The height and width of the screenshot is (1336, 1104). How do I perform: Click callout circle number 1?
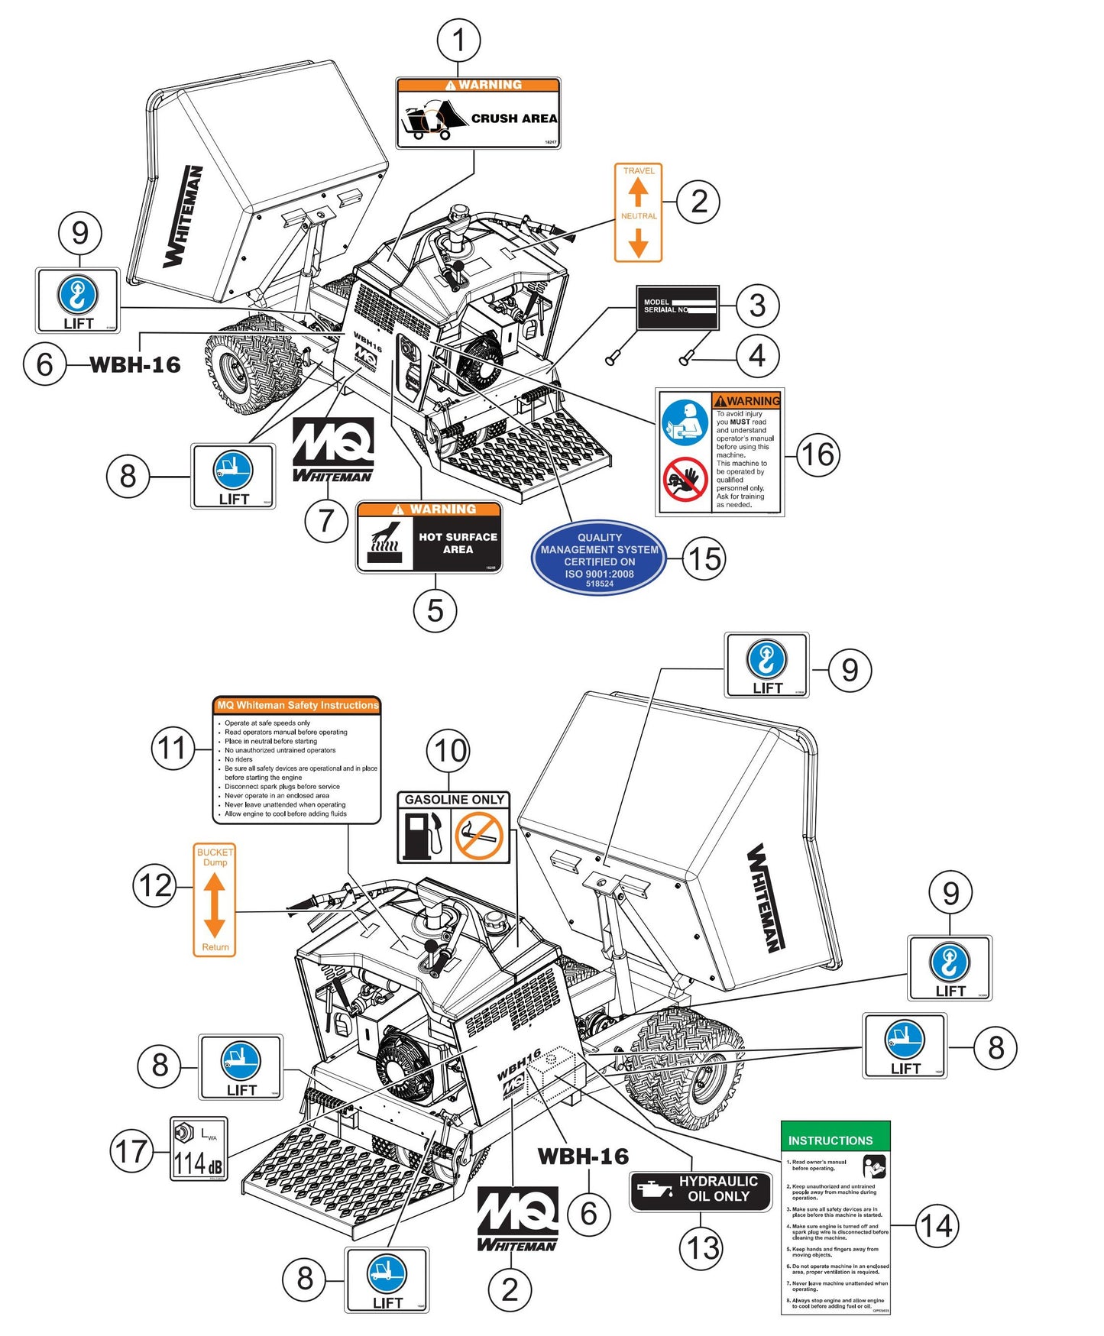point(458,40)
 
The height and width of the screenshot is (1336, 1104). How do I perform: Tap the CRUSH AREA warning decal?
point(478,113)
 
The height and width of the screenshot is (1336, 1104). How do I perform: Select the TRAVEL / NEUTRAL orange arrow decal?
point(638,212)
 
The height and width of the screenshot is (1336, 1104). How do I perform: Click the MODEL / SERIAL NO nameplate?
point(678,307)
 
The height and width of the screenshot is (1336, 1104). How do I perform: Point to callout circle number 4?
point(756,355)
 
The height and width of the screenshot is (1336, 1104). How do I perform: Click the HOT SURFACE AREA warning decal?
point(429,537)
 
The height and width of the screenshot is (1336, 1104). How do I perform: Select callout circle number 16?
point(817,454)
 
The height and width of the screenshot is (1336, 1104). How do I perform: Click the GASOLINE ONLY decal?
point(453,827)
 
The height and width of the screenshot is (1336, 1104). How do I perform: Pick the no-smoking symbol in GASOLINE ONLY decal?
point(479,836)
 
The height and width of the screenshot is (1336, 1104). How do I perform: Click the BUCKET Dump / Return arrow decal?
point(215,900)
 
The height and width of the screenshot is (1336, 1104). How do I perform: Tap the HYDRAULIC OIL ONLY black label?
point(701,1190)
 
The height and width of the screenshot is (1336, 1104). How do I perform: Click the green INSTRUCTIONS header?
point(835,1139)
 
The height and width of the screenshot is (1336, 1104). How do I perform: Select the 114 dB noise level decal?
point(199,1149)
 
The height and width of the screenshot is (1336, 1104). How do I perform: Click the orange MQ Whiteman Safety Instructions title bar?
point(296,705)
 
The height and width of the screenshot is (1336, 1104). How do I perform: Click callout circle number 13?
point(701,1248)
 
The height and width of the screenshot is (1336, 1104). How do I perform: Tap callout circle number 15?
point(703,558)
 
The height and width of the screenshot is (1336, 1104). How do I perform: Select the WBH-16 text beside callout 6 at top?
point(135,364)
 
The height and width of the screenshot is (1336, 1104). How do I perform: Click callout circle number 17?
point(131,1150)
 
